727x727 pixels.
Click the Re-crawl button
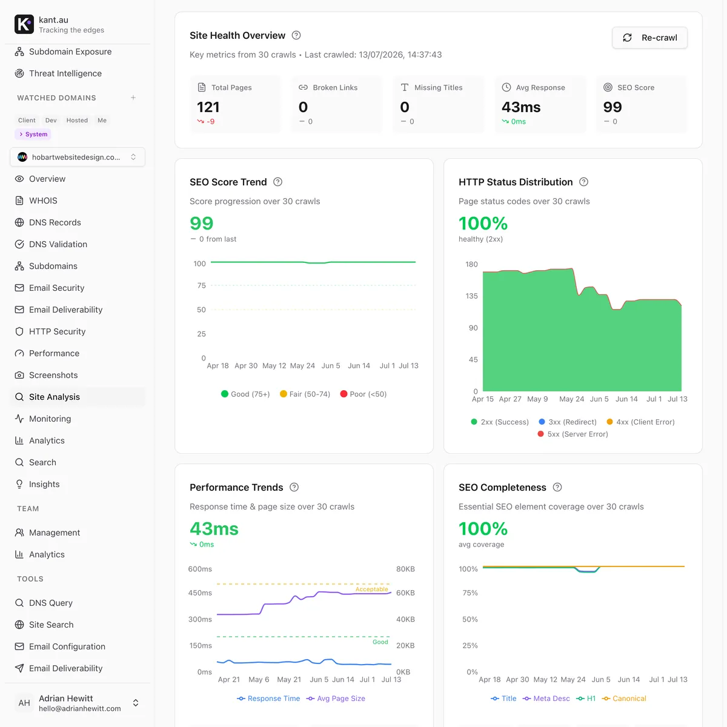tap(649, 38)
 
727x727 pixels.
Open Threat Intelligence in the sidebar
tap(58, 73)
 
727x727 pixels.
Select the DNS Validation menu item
tap(51, 244)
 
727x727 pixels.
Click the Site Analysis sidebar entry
tap(47, 397)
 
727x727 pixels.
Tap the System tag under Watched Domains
tap(33, 134)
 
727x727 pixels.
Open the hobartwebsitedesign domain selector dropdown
tap(78, 157)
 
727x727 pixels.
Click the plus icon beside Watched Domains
tap(133, 98)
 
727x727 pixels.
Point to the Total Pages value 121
tap(208, 107)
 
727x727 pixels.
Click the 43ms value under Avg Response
tap(521, 107)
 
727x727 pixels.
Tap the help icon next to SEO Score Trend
tap(277, 182)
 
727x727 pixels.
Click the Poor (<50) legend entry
tap(363, 394)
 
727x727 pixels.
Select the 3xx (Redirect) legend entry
tap(568, 422)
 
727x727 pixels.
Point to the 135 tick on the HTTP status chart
tap(471, 296)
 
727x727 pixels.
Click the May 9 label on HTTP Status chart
tap(537, 399)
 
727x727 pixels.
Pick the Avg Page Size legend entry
tap(336, 699)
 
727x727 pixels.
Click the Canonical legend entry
tap(624, 699)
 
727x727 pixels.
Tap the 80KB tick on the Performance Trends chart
tap(405, 569)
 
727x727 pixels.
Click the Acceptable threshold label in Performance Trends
tap(371, 589)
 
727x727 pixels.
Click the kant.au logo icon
tap(24, 24)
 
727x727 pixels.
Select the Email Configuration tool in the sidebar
tap(60, 646)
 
